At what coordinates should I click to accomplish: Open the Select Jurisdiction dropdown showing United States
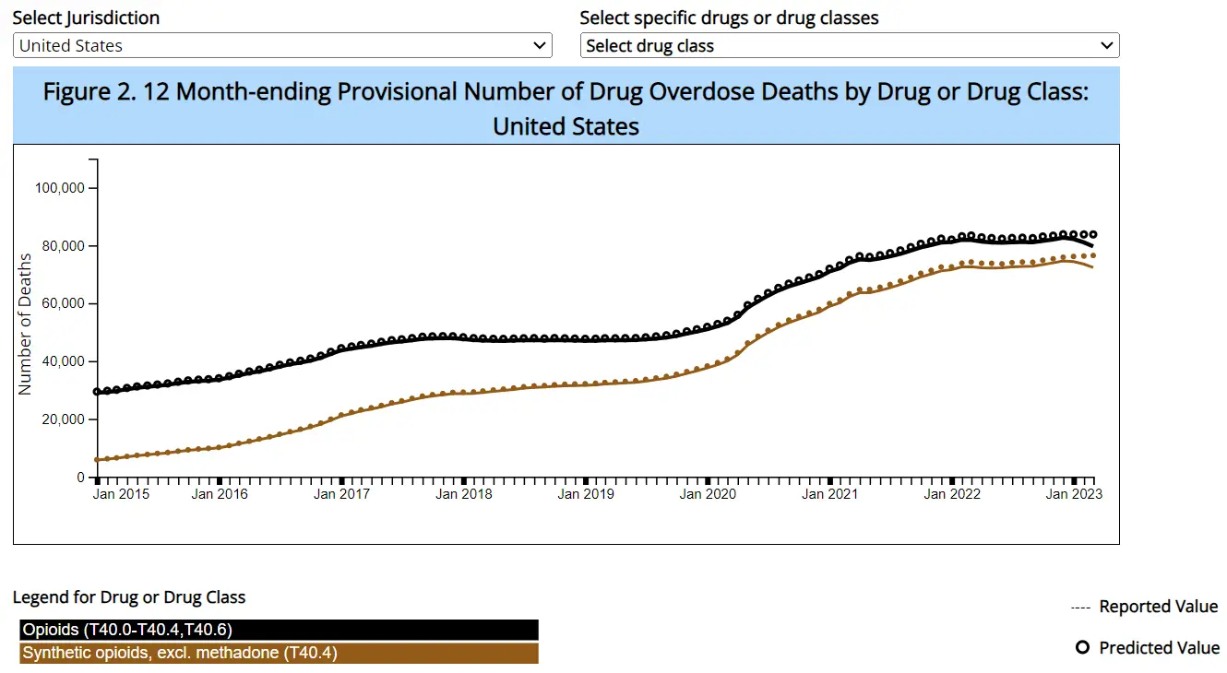pyautogui.click(x=282, y=45)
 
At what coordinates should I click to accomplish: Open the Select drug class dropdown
pyautogui.click(x=849, y=45)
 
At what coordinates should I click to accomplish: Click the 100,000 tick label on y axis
pyautogui.click(x=59, y=188)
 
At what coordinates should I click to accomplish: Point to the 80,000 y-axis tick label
pyautogui.click(x=62, y=246)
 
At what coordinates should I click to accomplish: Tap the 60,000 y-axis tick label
pyautogui.click(x=62, y=304)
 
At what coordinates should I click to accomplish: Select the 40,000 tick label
pyautogui.click(x=62, y=361)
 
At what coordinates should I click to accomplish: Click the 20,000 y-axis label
pyautogui.click(x=62, y=419)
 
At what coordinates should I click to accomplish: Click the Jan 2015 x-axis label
pyautogui.click(x=121, y=494)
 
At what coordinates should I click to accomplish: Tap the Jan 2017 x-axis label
pyautogui.click(x=341, y=494)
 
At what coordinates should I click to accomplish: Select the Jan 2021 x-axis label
pyautogui.click(x=829, y=494)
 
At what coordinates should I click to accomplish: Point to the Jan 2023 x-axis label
pyautogui.click(x=1073, y=494)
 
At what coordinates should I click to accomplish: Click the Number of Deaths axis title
pyautogui.click(x=26, y=325)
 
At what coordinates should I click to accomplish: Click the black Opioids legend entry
pyautogui.click(x=278, y=630)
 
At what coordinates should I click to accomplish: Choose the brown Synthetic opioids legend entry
pyautogui.click(x=278, y=654)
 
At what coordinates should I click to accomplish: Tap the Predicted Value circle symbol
pyautogui.click(x=1083, y=648)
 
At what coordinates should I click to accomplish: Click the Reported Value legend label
pyautogui.click(x=1158, y=607)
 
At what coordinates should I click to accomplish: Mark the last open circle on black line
pyautogui.click(x=1092, y=235)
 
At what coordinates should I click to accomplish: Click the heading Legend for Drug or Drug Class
pyautogui.click(x=129, y=597)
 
